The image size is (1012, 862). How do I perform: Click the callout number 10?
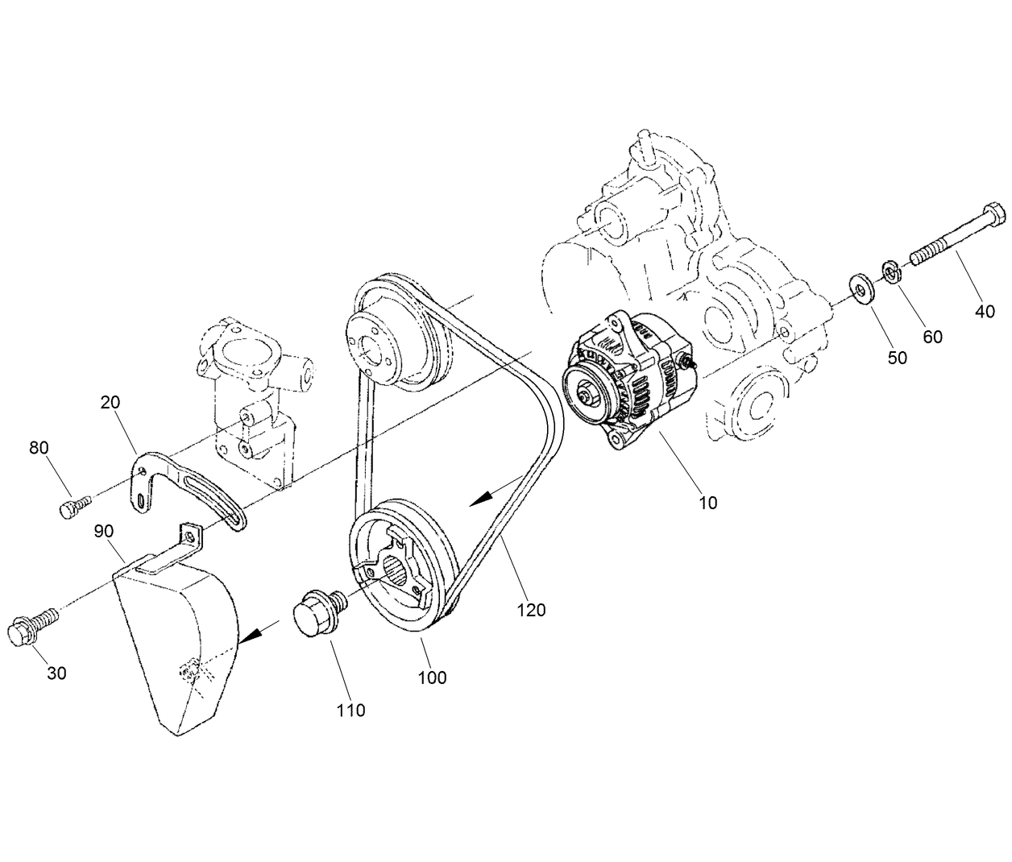point(707,503)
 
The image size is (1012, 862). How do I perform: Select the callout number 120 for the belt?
point(532,610)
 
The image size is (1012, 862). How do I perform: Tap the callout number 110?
point(350,710)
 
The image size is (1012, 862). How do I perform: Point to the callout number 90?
point(103,531)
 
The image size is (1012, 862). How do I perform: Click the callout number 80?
point(39,448)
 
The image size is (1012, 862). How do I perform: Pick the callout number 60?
point(932,336)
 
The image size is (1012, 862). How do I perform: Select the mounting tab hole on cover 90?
point(190,533)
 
